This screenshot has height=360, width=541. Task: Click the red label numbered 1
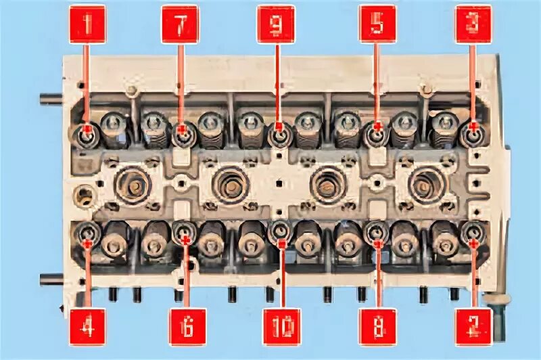(x=87, y=24)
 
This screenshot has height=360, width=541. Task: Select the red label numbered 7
(x=180, y=24)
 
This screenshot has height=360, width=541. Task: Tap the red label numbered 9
(x=276, y=24)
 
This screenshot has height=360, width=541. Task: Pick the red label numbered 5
(x=377, y=24)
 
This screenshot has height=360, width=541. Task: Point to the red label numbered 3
(x=473, y=24)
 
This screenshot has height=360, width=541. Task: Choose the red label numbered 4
(x=87, y=328)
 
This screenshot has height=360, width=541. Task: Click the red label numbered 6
(x=187, y=328)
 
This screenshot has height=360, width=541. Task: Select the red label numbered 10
(x=283, y=328)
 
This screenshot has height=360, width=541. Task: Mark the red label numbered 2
(x=473, y=328)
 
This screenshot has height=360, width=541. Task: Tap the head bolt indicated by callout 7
(x=182, y=133)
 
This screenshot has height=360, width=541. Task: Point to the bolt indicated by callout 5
(x=375, y=133)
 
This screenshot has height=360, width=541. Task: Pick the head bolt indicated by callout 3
(x=473, y=133)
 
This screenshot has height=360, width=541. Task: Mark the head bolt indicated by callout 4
(x=88, y=234)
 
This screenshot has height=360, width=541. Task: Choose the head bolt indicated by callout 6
(x=184, y=233)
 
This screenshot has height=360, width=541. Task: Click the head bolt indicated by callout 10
(x=280, y=233)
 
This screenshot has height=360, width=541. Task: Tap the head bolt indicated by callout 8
(x=376, y=234)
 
